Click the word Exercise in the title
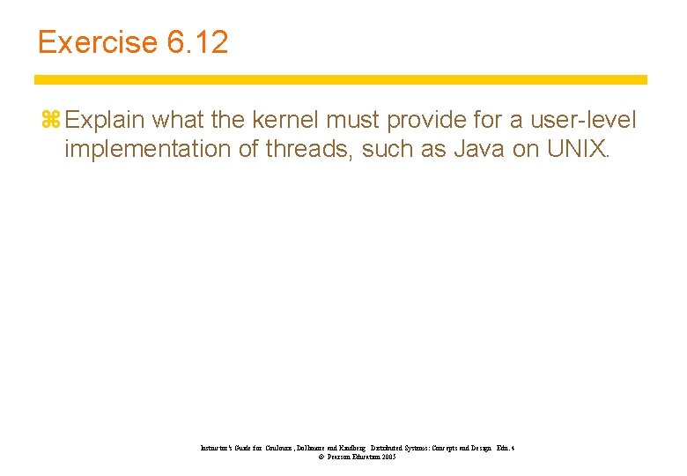(x=94, y=41)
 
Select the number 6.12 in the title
(x=195, y=41)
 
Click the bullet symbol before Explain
(x=49, y=118)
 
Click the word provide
(x=440, y=118)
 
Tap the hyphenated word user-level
(x=582, y=118)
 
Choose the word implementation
(x=146, y=148)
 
